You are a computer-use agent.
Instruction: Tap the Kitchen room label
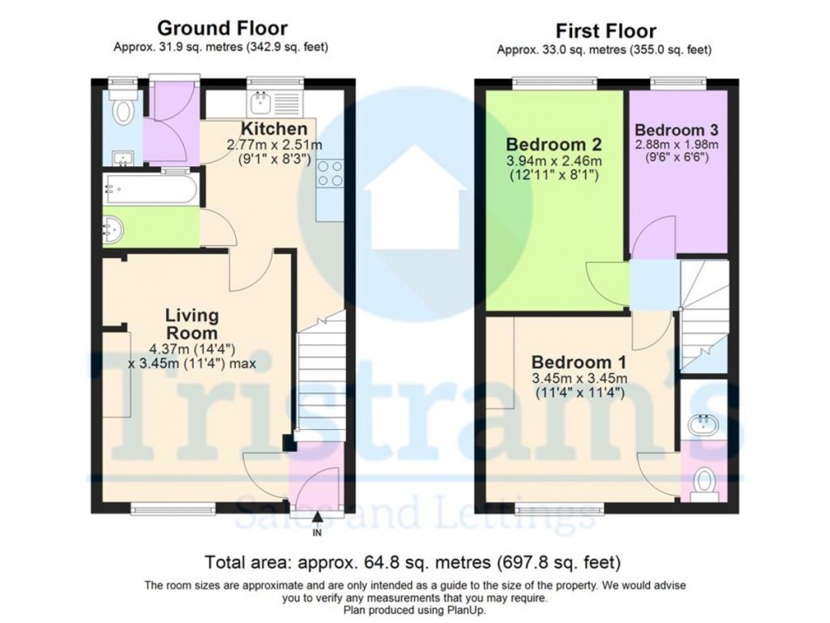click(274, 129)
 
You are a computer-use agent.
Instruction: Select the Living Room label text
click(192, 324)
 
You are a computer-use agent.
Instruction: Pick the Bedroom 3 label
click(676, 129)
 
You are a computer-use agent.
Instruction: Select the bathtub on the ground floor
click(150, 190)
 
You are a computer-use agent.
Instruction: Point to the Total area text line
click(414, 562)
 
